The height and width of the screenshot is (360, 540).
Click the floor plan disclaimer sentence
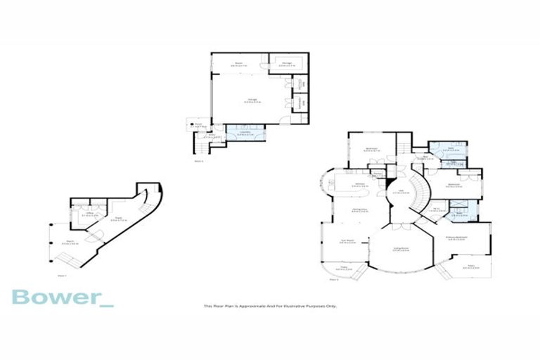[x=270, y=307]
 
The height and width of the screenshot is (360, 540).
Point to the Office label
[x=89, y=212]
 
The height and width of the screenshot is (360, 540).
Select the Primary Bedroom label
[x=459, y=237]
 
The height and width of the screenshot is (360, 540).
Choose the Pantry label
[x=378, y=174]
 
